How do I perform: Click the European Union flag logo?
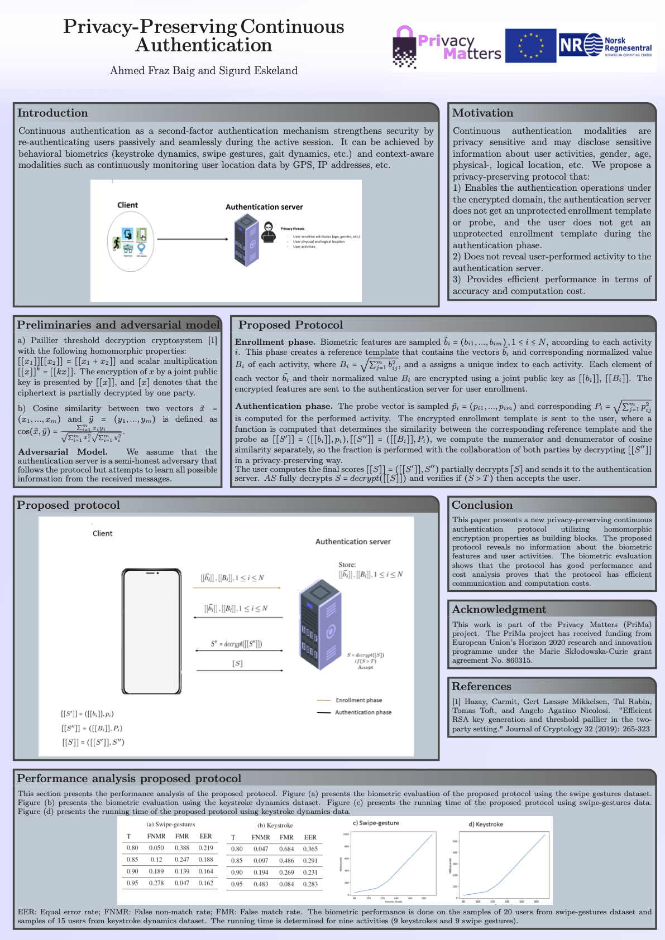pos(530,46)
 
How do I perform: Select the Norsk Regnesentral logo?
pos(606,46)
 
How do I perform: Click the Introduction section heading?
pos(52,113)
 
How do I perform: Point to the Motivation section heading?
pos(482,113)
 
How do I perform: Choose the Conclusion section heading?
pos(482,505)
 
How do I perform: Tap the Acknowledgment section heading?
pos(499,609)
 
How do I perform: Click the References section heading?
pos(481,686)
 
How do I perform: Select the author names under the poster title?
pos(204,70)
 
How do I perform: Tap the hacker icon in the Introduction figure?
pos(269,232)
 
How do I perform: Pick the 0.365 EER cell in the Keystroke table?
pos(310,849)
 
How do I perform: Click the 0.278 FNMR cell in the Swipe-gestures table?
pos(156,883)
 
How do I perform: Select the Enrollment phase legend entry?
pos(358,700)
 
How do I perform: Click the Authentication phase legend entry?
pos(363,712)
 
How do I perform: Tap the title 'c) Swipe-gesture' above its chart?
pos(376,823)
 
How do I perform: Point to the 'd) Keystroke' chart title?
pos(486,824)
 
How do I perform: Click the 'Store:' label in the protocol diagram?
pos(347,565)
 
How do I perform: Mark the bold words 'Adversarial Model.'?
pos(63,452)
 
